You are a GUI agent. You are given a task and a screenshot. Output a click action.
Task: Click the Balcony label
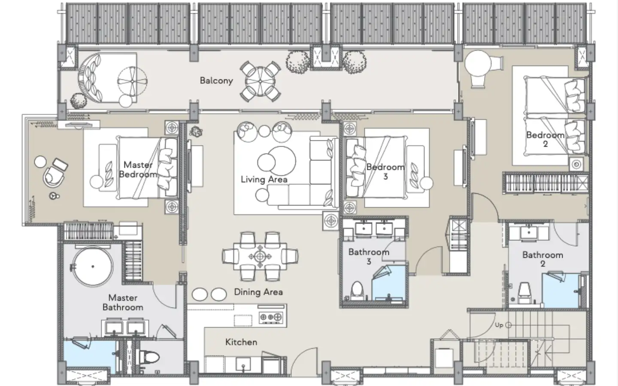(x=216, y=81)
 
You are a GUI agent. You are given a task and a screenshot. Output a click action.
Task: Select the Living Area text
(x=264, y=179)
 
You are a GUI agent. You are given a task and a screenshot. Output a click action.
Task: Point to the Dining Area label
(x=258, y=292)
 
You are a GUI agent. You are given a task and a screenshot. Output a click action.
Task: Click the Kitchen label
(x=241, y=342)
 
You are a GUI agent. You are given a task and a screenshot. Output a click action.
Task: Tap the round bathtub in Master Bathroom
(x=93, y=267)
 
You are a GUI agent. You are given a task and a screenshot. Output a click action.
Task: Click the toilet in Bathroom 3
(x=357, y=291)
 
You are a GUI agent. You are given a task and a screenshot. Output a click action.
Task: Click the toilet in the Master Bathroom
(x=148, y=358)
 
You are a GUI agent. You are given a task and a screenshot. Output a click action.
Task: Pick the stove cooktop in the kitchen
(x=271, y=317)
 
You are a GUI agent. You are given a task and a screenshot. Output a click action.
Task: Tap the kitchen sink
(x=243, y=364)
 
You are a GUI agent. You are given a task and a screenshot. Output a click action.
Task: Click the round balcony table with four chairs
(x=260, y=81)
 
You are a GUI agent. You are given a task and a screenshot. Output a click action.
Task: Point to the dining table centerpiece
(x=260, y=256)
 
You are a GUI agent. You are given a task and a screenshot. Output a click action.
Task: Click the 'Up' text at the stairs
(x=499, y=325)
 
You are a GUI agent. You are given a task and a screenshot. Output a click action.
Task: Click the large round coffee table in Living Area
(x=281, y=161)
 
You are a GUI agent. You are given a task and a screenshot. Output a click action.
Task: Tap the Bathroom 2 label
(x=542, y=259)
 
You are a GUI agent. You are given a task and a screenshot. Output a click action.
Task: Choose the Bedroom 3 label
(x=385, y=172)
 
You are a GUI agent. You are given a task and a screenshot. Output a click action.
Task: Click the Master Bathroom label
(x=123, y=302)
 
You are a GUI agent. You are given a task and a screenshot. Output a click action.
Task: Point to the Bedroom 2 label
(x=545, y=139)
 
